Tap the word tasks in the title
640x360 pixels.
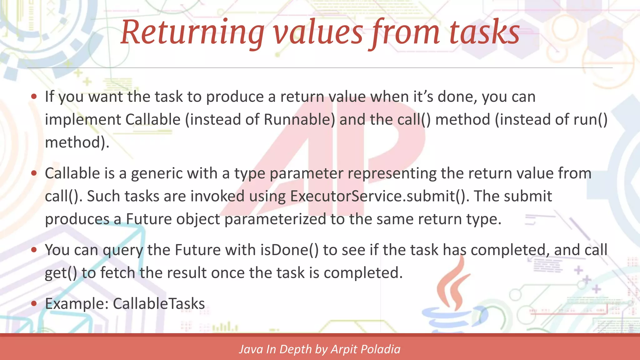[x=484, y=32]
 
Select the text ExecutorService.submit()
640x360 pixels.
[x=379, y=196]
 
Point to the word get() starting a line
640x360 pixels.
[x=61, y=273]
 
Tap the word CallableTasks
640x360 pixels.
[x=159, y=304]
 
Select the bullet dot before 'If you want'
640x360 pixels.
[x=34, y=97]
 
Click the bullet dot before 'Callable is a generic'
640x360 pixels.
[x=34, y=173]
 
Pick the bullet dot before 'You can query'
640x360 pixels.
[x=34, y=250]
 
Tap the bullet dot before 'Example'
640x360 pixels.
[x=34, y=303]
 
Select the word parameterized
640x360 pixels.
[x=275, y=219]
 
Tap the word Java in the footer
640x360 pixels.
[x=251, y=349]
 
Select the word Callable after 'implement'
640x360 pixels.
[x=153, y=120]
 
